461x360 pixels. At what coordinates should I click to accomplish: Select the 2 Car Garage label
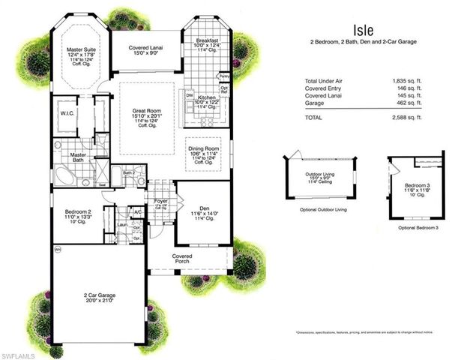click(99, 296)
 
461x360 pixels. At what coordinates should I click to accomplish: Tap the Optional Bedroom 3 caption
click(417, 227)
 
